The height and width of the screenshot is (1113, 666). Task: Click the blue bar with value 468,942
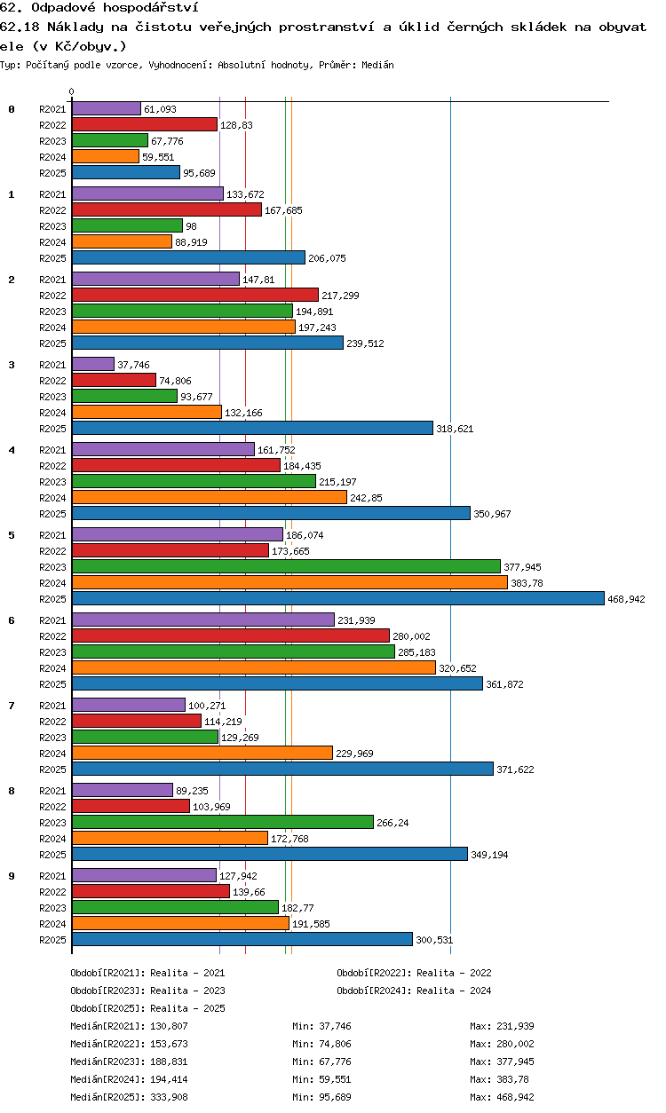point(338,599)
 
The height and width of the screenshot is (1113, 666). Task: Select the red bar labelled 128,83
point(145,125)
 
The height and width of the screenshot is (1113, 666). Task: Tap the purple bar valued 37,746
point(93,364)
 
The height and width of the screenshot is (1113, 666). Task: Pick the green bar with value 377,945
point(286,567)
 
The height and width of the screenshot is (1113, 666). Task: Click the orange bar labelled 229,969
point(202,754)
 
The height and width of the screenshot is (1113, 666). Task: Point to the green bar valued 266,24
point(223,823)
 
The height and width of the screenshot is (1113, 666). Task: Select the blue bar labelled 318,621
point(252,429)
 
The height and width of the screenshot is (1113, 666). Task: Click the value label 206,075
point(327,258)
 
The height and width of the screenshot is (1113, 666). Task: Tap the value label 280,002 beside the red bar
point(411,636)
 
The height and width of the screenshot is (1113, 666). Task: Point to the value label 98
point(191,226)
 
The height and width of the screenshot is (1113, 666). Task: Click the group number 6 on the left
point(12,620)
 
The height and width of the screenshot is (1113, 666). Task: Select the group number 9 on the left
point(12,876)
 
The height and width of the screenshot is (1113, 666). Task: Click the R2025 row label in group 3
point(52,429)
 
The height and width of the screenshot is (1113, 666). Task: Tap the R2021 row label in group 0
point(52,109)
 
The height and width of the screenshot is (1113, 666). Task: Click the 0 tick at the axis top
point(72,92)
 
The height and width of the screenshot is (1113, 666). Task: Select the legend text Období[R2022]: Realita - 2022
point(414,973)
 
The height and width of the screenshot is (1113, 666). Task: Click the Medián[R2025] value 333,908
point(169,1097)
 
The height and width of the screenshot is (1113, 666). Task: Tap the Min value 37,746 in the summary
point(335,1026)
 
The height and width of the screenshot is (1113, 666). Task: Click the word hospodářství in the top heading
point(151,7)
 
